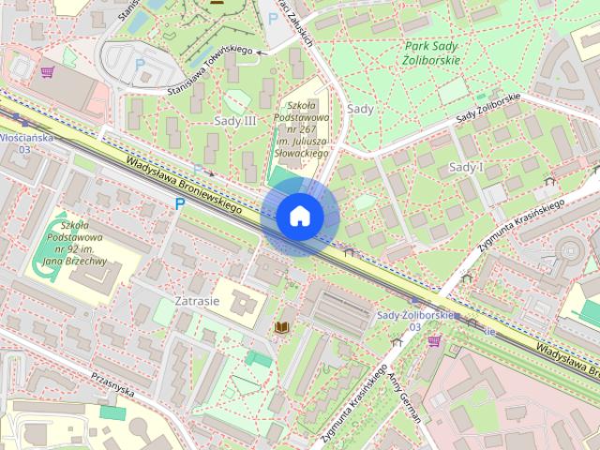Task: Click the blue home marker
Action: click(300, 217)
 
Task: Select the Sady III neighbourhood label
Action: click(235, 121)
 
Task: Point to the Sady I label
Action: click(466, 167)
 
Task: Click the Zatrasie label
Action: click(197, 302)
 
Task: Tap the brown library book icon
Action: click(281, 327)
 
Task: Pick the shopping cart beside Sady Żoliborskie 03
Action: click(433, 340)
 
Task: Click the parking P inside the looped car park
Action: click(141, 64)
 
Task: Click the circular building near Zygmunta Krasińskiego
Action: click(570, 247)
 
